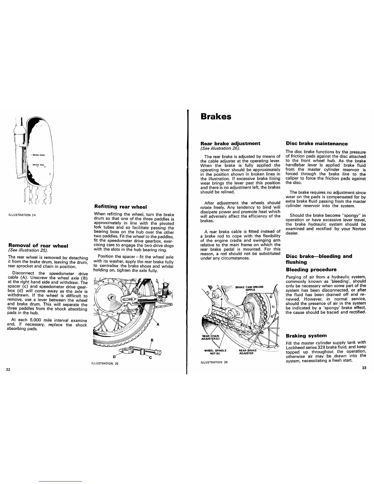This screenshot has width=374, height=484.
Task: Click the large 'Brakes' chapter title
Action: (216, 117)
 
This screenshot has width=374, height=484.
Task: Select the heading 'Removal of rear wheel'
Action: (38, 246)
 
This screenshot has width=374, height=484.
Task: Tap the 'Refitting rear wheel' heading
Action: (120, 207)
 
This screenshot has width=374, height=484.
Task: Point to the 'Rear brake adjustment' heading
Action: (230, 143)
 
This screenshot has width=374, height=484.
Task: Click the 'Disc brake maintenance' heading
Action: (317, 143)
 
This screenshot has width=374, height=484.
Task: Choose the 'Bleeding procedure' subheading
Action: (311, 269)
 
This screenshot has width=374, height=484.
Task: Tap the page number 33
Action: (364, 368)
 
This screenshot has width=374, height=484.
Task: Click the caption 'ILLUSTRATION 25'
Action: (105, 364)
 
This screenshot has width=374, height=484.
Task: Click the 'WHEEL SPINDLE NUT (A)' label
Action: (215, 352)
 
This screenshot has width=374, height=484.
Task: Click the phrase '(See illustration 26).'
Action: (220, 148)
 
